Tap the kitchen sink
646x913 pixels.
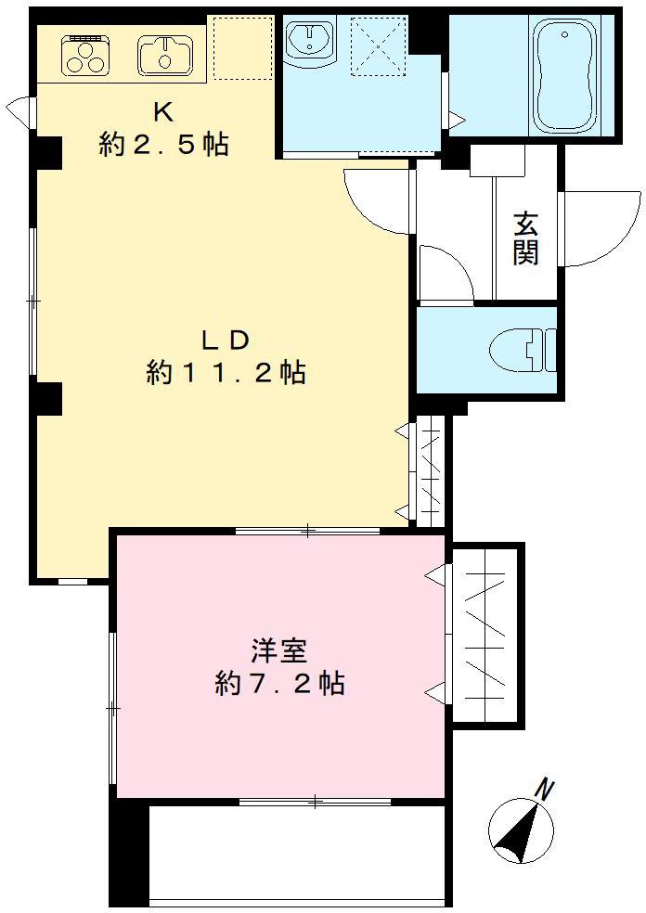coord(166,55)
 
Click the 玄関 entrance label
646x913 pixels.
coord(526,238)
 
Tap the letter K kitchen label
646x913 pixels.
coord(163,113)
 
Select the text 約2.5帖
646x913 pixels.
coord(163,145)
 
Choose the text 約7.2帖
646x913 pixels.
coord(279,685)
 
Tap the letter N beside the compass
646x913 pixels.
coord(546,791)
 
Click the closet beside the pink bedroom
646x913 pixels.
coord(484,636)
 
